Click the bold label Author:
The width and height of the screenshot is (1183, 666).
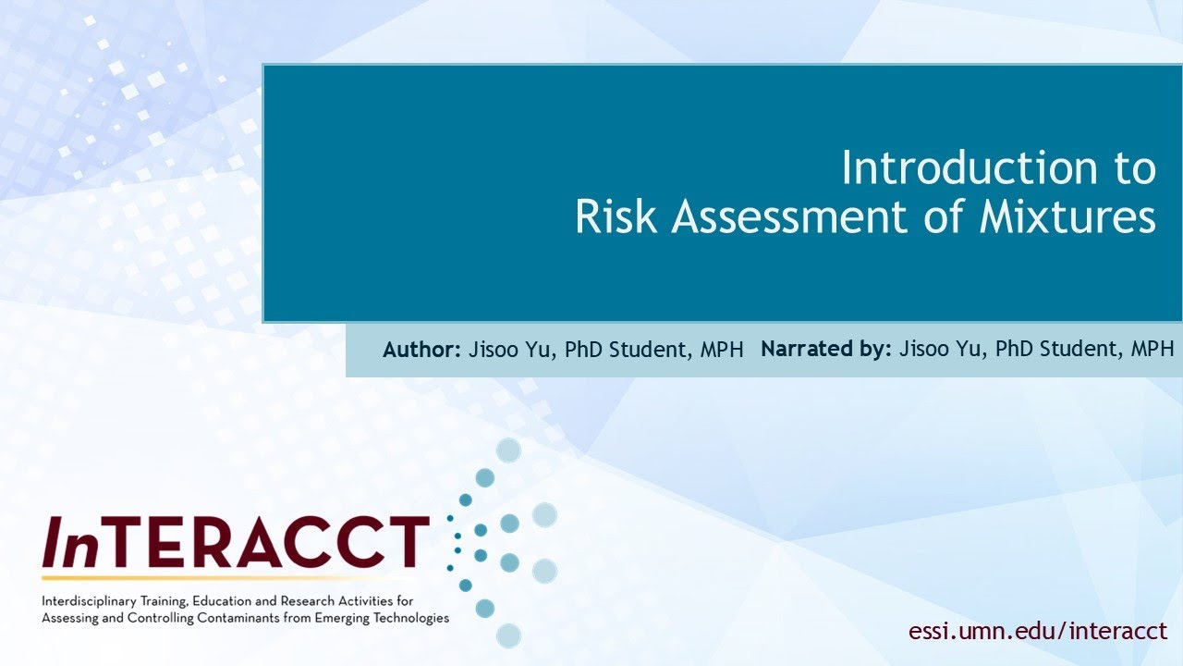click(x=421, y=350)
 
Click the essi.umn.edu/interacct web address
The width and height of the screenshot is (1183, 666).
click(x=1038, y=632)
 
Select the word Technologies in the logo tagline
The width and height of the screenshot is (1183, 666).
click(x=408, y=617)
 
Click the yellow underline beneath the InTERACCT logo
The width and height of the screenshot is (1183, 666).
click(x=231, y=576)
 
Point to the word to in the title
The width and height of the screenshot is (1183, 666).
click(x=1130, y=168)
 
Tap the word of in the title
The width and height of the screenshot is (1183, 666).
click(x=945, y=217)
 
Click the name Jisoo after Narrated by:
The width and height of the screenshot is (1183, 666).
click(x=922, y=350)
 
